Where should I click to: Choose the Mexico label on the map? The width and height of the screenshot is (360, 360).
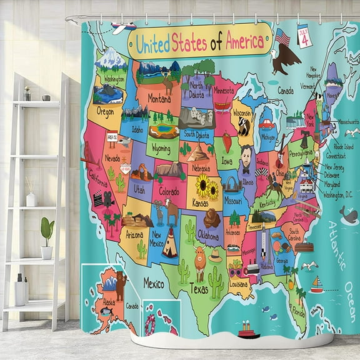[x=153, y=284]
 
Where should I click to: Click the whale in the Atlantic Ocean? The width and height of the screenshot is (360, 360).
[x=349, y=216]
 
